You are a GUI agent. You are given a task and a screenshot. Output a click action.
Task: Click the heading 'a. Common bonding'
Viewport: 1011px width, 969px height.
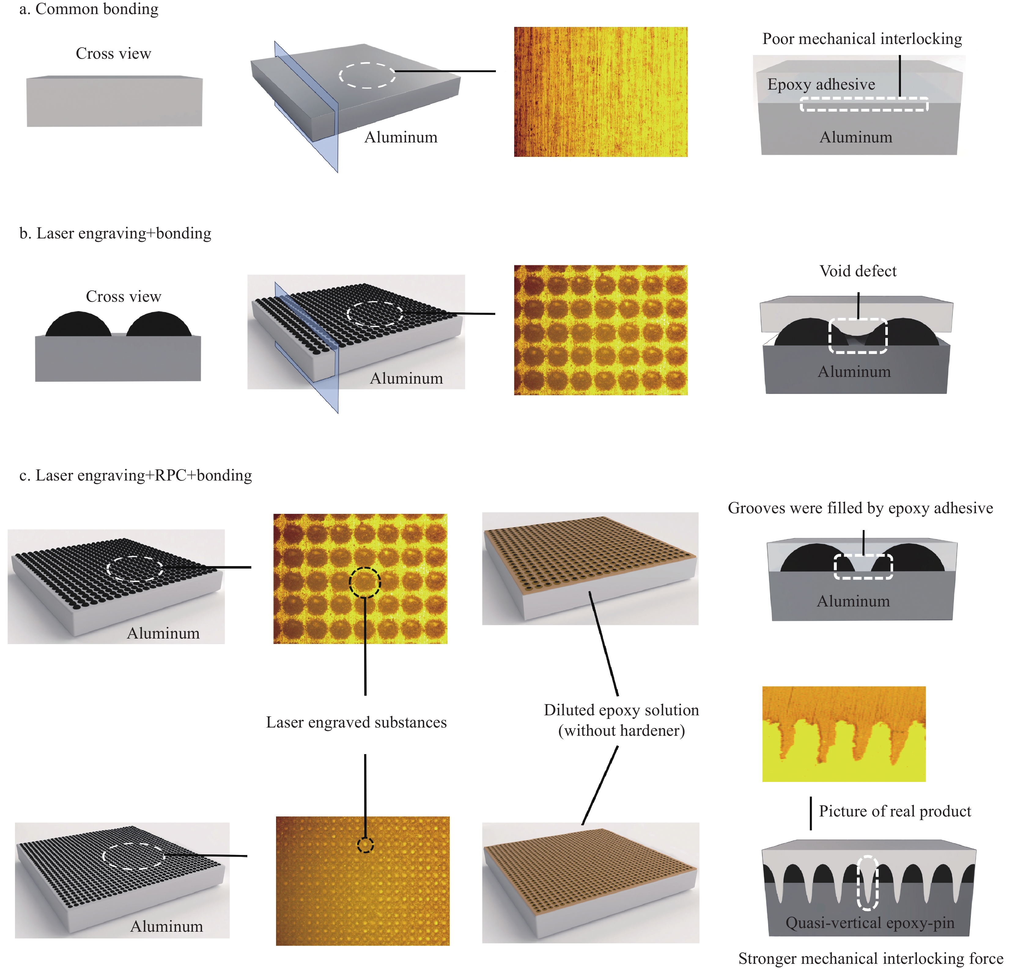pos(89,9)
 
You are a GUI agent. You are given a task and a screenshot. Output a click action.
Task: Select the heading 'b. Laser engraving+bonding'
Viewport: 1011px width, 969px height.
pos(115,234)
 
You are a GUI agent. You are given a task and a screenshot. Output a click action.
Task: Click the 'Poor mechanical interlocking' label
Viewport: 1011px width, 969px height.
pos(862,39)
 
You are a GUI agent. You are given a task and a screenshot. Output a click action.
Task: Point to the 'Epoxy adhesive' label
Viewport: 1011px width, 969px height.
pos(821,84)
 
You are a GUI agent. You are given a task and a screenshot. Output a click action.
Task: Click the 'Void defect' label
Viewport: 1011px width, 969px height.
pos(858,271)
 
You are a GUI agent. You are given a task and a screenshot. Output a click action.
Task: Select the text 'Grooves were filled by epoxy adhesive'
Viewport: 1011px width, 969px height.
pos(860,508)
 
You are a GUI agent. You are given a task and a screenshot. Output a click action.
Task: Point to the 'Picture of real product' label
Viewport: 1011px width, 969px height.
pos(895,811)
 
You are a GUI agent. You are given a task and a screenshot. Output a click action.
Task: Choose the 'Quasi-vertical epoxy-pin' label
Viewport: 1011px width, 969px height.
pos(870,923)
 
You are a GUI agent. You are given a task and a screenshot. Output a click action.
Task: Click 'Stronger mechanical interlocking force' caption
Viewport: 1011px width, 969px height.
pos(871,959)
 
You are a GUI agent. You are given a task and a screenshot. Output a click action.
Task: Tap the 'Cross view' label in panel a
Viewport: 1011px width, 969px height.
pos(113,53)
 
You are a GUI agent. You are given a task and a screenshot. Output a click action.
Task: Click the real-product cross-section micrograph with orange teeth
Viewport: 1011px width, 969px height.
pos(844,734)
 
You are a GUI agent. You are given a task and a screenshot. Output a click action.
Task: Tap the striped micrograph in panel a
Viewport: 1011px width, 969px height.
pos(601,92)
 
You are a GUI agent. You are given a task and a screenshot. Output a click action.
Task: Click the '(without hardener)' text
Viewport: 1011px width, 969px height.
pos(622,731)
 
